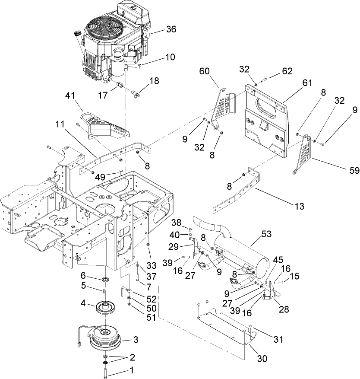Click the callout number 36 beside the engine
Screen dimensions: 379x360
pos(159,30)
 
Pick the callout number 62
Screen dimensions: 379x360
pos(287,70)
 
